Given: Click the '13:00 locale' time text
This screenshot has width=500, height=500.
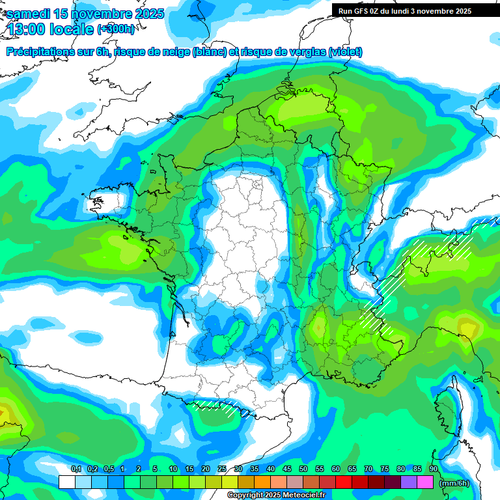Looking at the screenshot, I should click(51, 29).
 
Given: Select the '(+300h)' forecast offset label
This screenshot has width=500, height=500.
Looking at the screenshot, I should click(116, 29).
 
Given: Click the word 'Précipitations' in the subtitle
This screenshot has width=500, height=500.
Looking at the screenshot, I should click(48, 52).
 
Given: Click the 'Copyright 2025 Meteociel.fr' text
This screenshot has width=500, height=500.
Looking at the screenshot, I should click(276, 495).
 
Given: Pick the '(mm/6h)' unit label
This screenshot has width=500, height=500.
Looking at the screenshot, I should click(454, 482).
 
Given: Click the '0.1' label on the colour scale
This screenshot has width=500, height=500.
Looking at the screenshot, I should click(76, 469).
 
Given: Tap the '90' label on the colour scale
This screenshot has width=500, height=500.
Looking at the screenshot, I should click(433, 469).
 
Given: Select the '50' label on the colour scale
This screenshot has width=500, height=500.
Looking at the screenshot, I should click(303, 469).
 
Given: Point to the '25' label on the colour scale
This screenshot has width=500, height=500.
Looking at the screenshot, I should click(222, 469).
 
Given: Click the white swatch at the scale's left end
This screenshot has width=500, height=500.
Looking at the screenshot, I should click(66, 482).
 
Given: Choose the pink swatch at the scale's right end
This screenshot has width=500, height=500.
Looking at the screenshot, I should click(425, 482).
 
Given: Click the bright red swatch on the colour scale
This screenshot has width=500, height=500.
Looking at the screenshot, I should click(344, 482).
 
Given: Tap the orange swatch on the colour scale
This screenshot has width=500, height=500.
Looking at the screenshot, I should click(262, 482).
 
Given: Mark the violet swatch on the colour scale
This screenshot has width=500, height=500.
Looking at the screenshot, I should click(409, 482).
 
